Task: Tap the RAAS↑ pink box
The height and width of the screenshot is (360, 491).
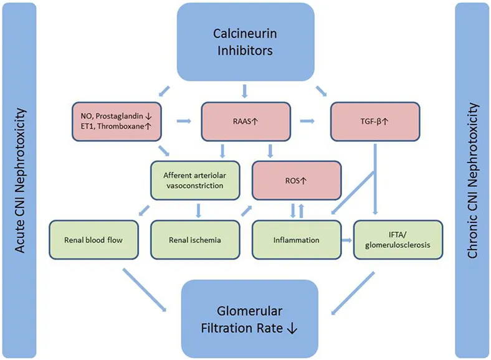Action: pos(245,120)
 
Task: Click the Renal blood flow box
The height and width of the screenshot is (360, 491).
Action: pos(92,239)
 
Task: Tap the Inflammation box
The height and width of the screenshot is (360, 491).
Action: pos(297,239)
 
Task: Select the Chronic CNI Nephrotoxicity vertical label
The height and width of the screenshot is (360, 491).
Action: pos(472,180)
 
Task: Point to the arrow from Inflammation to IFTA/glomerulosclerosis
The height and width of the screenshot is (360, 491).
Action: pos(347,239)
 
